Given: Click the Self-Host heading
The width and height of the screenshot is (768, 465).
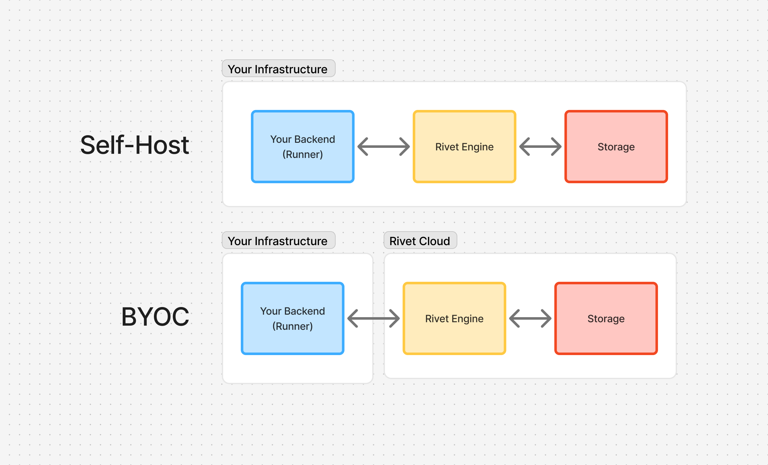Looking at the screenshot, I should (135, 145).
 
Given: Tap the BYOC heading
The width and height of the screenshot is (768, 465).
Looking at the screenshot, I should (155, 317).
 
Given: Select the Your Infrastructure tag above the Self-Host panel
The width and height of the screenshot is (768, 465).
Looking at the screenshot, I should (278, 69).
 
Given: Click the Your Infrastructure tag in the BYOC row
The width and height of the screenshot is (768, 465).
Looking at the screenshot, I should (278, 241).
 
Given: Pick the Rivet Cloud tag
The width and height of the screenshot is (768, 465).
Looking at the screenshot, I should (420, 241).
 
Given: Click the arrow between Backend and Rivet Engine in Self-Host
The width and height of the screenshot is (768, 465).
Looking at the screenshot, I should (384, 147).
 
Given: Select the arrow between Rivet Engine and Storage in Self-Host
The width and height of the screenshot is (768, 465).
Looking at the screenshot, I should (540, 147).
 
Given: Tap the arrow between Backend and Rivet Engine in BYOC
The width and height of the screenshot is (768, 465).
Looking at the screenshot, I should (374, 318).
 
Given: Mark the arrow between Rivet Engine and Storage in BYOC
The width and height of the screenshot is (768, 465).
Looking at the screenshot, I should (530, 318).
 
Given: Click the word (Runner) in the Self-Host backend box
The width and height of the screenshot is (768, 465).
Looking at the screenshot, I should (302, 154).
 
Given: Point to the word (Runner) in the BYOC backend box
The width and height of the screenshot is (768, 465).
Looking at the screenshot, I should (292, 326).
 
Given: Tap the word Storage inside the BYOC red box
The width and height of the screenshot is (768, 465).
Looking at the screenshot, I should (606, 319).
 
